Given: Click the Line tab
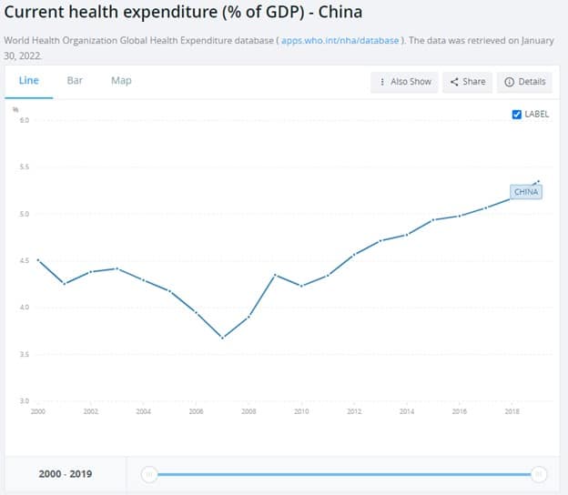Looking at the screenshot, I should (28, 80).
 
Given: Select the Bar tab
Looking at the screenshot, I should (75, 80).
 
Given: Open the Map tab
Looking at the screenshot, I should (121, 80).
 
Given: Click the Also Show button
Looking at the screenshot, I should (406, 82).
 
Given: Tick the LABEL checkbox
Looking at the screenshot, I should (517, 115).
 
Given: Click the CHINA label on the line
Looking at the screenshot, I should (526, 192).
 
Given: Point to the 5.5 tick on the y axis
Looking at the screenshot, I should (24, 167).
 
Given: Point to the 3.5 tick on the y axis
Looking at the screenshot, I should (24, 354).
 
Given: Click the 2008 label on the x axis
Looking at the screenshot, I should (248, 412).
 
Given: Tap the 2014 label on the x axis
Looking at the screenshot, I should (407, 412).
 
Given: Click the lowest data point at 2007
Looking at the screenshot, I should (222, 338).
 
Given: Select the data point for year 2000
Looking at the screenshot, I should (37, 260).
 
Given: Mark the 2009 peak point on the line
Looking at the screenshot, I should (275, 275).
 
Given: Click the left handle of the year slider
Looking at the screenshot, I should (150, 473).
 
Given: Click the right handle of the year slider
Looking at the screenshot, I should (539, 473).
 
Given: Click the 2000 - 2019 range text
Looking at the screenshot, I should (65, 474).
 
